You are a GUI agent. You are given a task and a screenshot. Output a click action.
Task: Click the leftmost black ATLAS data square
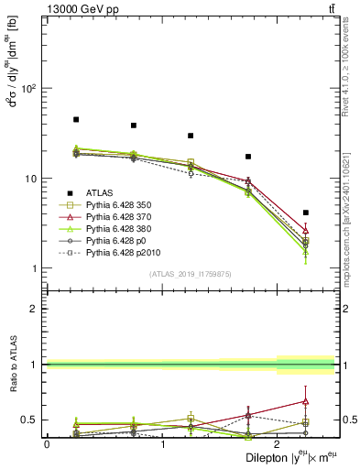click(76, 120)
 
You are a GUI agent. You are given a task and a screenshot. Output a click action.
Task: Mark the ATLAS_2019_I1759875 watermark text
click(191, 274)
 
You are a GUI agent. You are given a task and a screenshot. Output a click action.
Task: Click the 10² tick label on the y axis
click(28, 89)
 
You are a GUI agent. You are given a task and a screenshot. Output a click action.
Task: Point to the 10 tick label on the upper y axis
click(30, 179)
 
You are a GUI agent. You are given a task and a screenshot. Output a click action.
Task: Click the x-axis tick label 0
click(47, 444)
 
